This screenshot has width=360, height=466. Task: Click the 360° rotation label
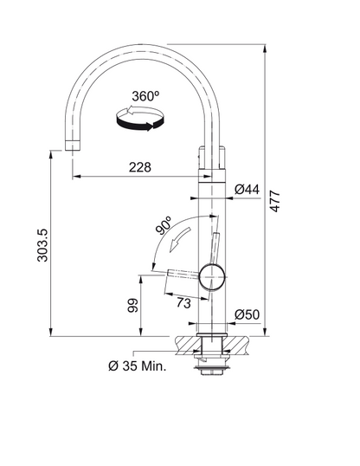(145, 96)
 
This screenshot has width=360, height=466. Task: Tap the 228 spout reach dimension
(140, 167)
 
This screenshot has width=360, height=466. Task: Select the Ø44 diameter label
(247, 190)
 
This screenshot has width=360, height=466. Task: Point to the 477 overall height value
(275, 201)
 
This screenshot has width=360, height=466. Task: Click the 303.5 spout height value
(42, 245)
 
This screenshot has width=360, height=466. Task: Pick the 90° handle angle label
(164, 225)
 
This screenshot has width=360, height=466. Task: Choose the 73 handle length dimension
(183, 303)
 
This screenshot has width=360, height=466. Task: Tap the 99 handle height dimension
(132, 305)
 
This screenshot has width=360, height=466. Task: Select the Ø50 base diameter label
(247, 314)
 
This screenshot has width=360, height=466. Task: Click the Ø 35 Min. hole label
(138, 366)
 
